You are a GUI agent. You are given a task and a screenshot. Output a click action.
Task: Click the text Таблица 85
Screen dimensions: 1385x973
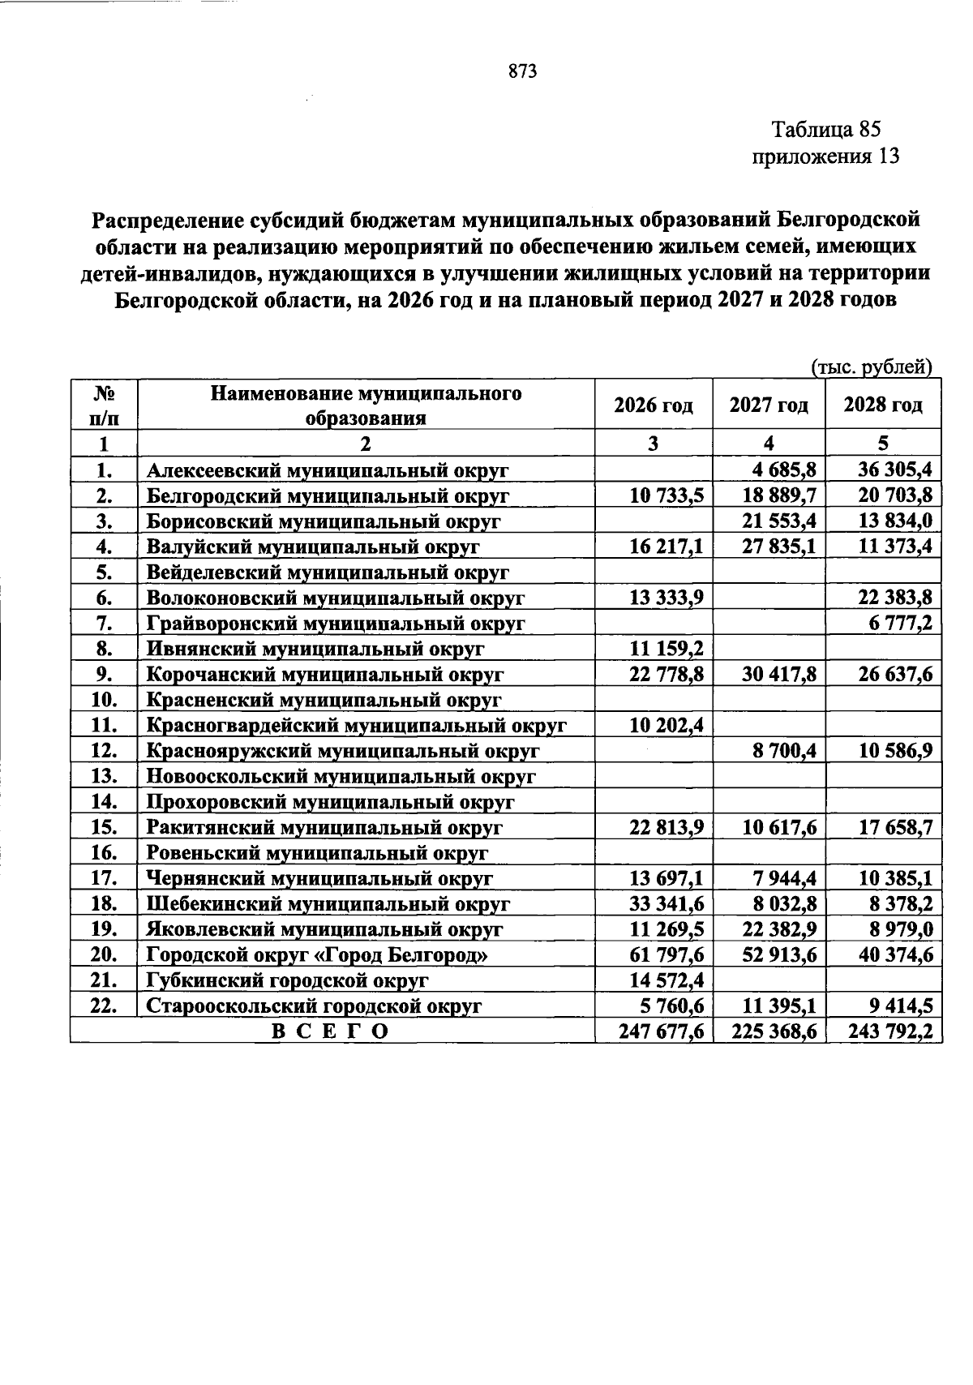[825, 129]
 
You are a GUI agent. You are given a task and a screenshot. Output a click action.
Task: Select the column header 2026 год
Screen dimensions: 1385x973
[653, 405]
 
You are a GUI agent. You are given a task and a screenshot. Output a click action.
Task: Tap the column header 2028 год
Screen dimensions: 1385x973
[883, 405]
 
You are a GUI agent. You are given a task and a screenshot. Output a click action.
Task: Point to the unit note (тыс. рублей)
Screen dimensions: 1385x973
[872, 367]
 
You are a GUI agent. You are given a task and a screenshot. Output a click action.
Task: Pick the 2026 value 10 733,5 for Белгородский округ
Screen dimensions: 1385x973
[666, 495]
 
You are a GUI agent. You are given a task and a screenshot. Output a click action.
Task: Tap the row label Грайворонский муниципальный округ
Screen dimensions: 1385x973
[336, 624]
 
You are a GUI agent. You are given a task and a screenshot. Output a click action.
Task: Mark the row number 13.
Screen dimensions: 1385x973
[105, 776]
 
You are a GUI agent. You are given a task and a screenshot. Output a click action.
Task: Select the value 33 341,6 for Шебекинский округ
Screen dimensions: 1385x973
[666, 903]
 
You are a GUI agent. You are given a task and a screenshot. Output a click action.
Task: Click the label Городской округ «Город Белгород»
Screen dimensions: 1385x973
[317, 955]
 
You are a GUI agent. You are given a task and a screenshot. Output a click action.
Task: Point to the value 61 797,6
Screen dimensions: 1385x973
[666, 954]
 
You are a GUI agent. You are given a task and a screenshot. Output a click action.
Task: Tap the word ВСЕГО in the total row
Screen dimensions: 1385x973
[329, 1031]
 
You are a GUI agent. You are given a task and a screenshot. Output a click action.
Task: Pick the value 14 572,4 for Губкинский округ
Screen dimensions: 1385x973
[666, 980]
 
